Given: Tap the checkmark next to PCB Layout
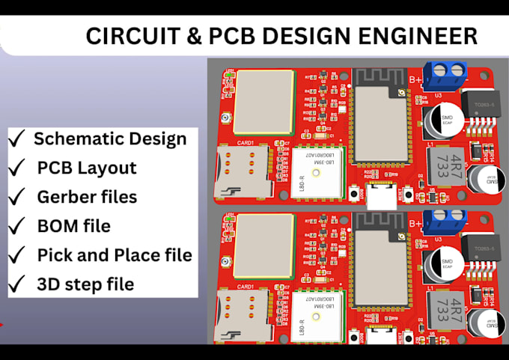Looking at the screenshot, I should pos(16,168).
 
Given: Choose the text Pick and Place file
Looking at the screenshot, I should pos(115,255).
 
